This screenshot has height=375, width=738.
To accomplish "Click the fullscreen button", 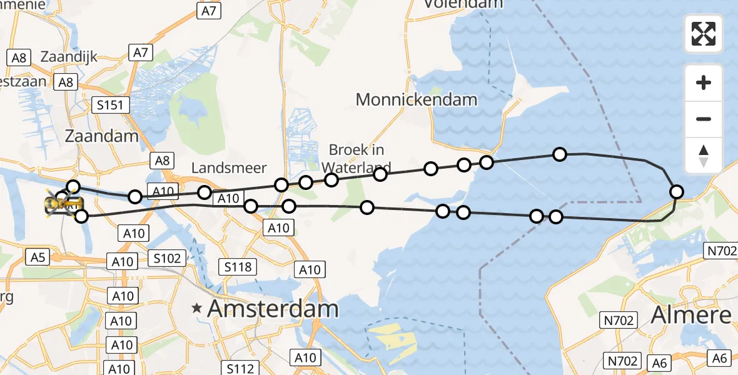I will pos(704,34).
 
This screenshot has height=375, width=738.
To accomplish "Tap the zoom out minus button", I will pos(704,119).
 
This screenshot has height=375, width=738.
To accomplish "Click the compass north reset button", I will pos(704,156).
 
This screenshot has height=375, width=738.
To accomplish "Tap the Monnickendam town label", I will pos(416,99).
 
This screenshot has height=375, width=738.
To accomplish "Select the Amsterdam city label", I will pos(273,308).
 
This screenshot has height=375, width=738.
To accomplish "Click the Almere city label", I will pos(691,315).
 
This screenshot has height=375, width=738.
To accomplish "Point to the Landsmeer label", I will pos(229,167).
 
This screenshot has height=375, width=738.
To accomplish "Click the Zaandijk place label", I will pos(69,57).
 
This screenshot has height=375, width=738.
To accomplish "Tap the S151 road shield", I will pos(109,105).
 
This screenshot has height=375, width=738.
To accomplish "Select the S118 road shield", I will pos(238,267).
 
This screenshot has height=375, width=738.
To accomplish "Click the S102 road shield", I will pos(168,257).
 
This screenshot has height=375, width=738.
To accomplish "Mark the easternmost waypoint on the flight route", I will pos(676,191).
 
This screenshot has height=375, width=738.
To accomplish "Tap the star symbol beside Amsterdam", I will pos(198,308).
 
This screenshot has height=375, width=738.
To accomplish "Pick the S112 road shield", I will pos(241,368).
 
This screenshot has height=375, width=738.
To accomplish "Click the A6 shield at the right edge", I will pos(720,358).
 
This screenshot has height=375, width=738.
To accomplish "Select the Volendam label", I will pos(463,4).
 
